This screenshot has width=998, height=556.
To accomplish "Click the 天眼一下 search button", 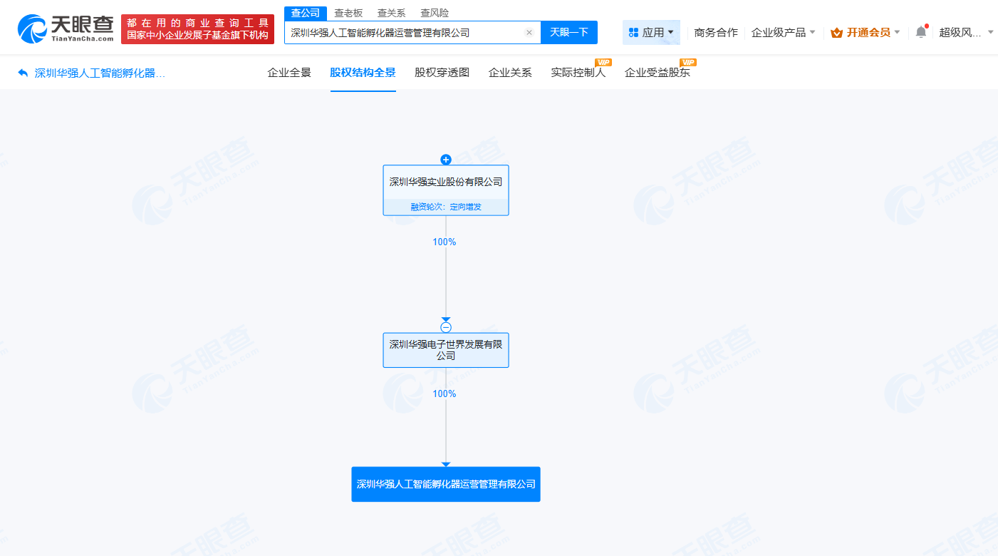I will tap(568, 33).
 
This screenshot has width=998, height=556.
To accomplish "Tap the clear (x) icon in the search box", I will tap(529, 33).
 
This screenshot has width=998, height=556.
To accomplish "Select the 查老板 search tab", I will tap(348, 13).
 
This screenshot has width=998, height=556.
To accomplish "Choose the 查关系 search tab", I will tap(391, 13).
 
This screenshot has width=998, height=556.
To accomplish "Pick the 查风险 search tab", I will tap(435, 13).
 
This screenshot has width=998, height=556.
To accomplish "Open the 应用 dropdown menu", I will tap(651, 32).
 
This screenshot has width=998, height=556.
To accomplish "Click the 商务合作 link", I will tap(716, 32).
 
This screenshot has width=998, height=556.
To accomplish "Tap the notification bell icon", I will tap(921, 32).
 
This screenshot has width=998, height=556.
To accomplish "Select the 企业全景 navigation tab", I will tap(289, 73).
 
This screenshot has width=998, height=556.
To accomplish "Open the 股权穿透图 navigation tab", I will tap(442, 73).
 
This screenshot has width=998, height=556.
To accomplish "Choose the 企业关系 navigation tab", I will tap(510, 73).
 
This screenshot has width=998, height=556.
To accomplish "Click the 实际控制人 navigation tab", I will tap(578, 73).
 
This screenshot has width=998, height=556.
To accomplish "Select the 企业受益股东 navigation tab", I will tap(657, 73).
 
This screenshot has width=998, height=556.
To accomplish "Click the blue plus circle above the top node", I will tap(446, 159).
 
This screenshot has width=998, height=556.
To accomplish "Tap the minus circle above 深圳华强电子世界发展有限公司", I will tap(446, 327).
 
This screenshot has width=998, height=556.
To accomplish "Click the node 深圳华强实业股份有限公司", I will tap(446, 182).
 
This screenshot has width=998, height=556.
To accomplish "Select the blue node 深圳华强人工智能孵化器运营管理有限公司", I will tap(446, 484).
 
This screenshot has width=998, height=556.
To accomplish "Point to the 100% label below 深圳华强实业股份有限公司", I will tap(444, 242).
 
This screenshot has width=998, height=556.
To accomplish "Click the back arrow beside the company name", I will tap(23, 73).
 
